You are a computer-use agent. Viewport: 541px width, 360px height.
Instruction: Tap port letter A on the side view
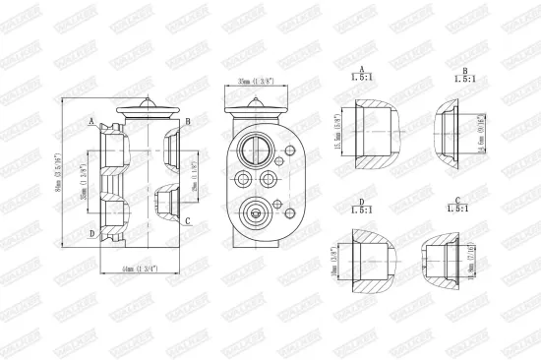click(x=90, y=122)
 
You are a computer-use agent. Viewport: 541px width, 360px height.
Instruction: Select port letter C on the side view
click(x=187, y=220)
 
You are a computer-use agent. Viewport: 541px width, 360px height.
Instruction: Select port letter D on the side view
click(x=90, y=234)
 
